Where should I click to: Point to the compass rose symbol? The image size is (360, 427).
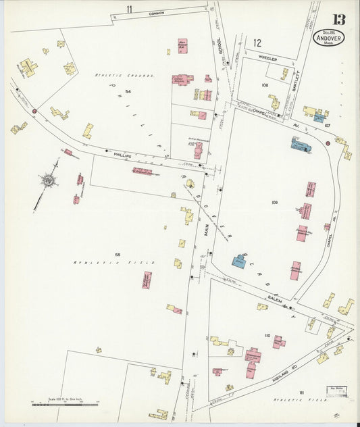[49, 180]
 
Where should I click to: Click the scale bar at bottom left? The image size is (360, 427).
[65, 404]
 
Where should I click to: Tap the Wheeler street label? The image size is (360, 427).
[268, 58]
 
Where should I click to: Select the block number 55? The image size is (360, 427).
[118, 254]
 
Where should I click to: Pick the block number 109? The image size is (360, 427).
[275, 203]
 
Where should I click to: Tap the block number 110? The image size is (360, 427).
[267, 335]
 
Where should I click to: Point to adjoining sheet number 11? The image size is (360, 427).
[128, 8]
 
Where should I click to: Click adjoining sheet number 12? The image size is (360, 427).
[257, 43]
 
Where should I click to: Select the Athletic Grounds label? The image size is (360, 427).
[124, 76]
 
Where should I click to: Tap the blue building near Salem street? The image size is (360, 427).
[239, 261]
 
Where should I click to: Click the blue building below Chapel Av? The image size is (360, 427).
[300, 144]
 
